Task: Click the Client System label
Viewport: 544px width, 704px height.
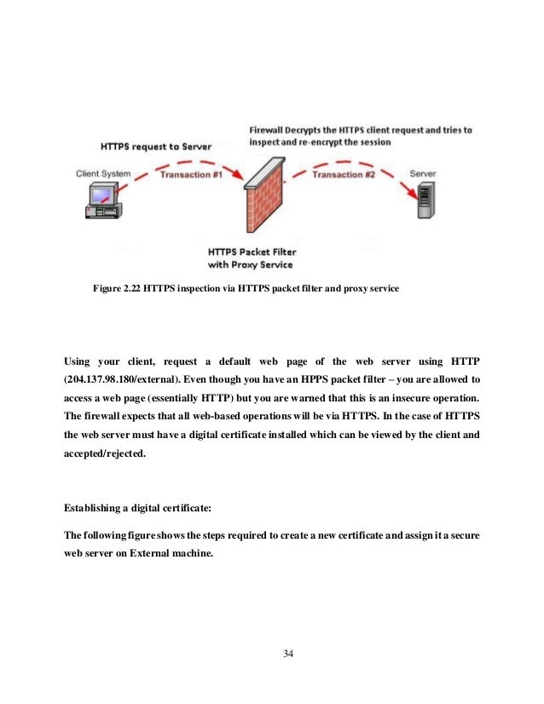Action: click(x=103, y=174)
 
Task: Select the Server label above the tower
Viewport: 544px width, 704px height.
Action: click(x=423, y=174)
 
